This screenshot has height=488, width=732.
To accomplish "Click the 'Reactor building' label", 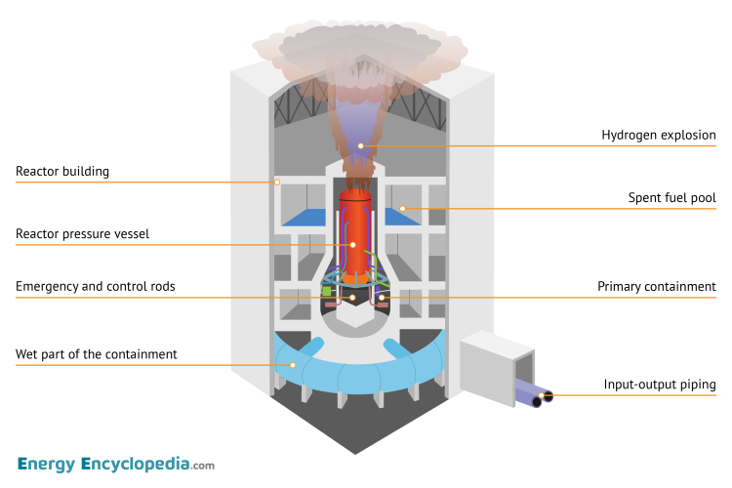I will [62, 172].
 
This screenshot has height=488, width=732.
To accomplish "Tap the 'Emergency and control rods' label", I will [96, 286].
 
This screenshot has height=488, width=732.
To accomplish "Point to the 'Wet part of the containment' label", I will [97, 354].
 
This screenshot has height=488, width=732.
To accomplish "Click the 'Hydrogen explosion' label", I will [659, 136].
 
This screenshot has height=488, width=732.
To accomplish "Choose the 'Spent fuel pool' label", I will [671, 198].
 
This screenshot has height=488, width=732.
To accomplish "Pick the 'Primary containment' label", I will [657, 286].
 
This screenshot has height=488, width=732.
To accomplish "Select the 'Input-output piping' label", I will [660, 385].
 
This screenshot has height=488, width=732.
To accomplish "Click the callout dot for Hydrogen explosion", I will [360, 146].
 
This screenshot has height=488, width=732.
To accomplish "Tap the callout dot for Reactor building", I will [277, 182].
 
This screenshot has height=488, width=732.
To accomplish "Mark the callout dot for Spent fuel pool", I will [402, 208].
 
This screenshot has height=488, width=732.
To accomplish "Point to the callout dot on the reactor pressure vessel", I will [352, 245].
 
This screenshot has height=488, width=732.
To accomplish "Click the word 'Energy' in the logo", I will [47, 465].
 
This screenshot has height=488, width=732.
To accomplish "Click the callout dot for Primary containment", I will [382, 297].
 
